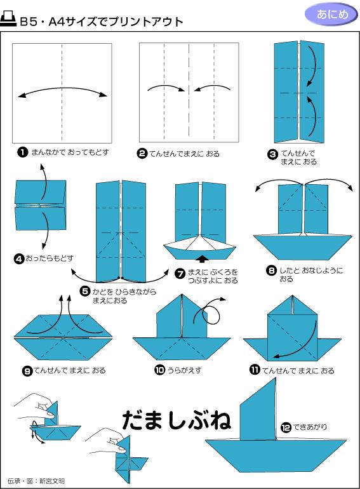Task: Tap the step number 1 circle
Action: click(x=23, y=152)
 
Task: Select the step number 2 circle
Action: click(x=142, y=153)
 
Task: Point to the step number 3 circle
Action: click(x=272, y=153)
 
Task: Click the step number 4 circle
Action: click(x=19, y=258)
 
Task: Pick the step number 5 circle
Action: click(x=84, y=291)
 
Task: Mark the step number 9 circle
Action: click(x=27, y=370)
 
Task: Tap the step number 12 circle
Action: click(x=285, y=427)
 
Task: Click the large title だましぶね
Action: click(x=176, y=420)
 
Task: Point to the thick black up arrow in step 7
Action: click(x=201, y=258)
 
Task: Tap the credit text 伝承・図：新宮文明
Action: click(x=36, y=480)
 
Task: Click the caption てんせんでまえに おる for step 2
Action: click(x=185, y=154)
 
